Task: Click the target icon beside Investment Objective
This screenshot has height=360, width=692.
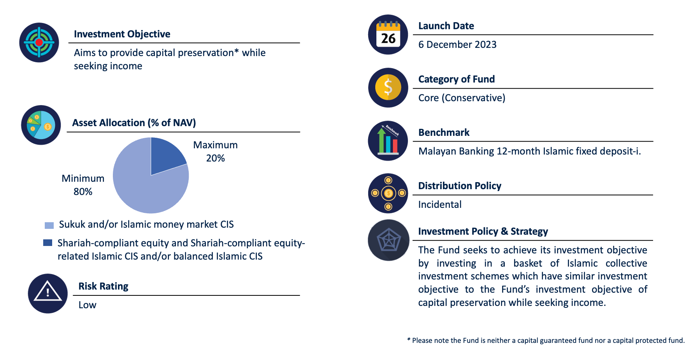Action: pyautogui.click(x=39, y=42)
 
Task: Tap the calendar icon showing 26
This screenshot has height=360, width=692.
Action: pyautogui.click(x=388, y=34)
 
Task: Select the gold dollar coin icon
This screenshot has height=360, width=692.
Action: pyautogui.click(x=388, y=88)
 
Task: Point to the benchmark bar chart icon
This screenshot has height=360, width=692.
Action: pyautogui.click(x=388, y=140)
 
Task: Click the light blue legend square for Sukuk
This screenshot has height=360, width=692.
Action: pyautogui.click(x=49, y=225)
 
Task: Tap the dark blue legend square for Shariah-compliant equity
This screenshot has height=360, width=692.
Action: pyautogui.click(x=47, y=242)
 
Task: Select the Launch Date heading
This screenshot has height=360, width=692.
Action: pyautogui.click(x=446, y=26)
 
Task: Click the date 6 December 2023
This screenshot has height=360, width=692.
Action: pyautogui.click(x=457, y=44)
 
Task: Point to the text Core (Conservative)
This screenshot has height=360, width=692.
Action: pyautogui.click(x=462, y=98)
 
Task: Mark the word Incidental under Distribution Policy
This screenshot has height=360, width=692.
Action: pyautogui.click(x=440, y=204)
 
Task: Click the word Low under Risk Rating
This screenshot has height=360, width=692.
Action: pyautogui.click(x=87, y=305)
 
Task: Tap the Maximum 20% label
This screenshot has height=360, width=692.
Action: pyautogui.click(x=215, y=151)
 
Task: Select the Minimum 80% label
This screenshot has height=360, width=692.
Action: pyautogui.click(x=83, y=185)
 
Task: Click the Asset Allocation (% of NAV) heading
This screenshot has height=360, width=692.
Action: pyautogui.click(x=134, y=123)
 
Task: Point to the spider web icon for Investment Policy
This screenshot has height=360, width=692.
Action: pyautogui.click(x=388, y=240)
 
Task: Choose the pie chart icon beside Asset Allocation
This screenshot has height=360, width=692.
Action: pyautogui.click(x=41, y=125)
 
